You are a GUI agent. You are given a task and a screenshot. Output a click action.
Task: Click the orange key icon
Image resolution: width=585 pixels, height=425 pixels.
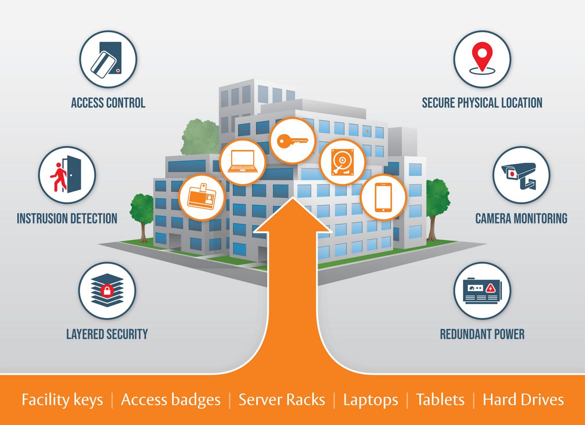tap(292, 141)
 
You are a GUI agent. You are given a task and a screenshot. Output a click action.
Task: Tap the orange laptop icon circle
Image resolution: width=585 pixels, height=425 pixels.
tap(243, 162)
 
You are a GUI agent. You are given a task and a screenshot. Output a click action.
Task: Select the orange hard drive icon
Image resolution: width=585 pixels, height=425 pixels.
tap(342, 162)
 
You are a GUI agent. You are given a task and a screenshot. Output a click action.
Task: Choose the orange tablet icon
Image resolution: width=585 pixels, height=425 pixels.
tap(383, 197)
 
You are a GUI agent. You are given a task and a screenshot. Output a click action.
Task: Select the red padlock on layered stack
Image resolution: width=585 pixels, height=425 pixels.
tap(107, 290)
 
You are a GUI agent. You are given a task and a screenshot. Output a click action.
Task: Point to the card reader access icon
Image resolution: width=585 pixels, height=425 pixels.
tap(106, 59)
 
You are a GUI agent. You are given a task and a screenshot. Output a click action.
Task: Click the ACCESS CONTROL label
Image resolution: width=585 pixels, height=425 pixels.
tap(108, 102)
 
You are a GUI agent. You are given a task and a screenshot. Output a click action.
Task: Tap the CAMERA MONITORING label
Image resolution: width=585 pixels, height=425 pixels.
tap(521, 219)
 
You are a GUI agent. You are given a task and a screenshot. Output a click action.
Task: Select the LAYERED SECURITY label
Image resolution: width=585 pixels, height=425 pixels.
tap(107, 334)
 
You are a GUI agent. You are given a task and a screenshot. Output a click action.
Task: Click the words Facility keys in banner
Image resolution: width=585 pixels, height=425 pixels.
tap(62, 400)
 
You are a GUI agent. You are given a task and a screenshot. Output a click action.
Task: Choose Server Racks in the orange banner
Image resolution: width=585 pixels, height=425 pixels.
tap(282, 399)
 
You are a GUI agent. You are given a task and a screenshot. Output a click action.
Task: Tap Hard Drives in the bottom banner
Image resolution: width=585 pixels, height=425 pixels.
tap(523, 399)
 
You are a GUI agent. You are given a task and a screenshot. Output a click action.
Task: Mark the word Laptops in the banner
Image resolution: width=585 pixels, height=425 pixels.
tap(371, 400)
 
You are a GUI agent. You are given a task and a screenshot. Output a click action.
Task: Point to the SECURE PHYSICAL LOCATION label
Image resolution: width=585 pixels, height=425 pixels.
tap(482, 102)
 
